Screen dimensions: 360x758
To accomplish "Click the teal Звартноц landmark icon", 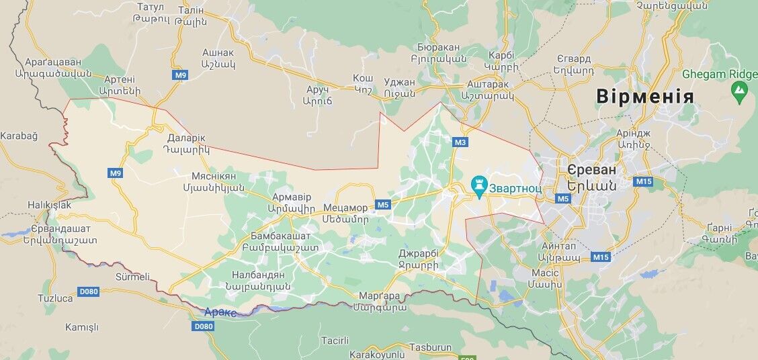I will click(478, 185).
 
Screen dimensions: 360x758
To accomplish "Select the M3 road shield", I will click(460, 142).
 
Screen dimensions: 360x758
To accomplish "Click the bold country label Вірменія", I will click(644, 97).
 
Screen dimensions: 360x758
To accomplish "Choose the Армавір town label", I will click(292, 197).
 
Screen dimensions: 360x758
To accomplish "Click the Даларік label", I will click(185, 139).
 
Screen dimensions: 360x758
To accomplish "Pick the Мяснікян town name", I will click(214, 176).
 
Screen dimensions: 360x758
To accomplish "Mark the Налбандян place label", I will click(258, 274).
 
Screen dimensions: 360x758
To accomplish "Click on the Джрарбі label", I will click(418, 254).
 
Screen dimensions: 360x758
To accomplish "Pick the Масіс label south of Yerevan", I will click(545, 273).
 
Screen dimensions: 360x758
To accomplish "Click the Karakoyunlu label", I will click(376, 354).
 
